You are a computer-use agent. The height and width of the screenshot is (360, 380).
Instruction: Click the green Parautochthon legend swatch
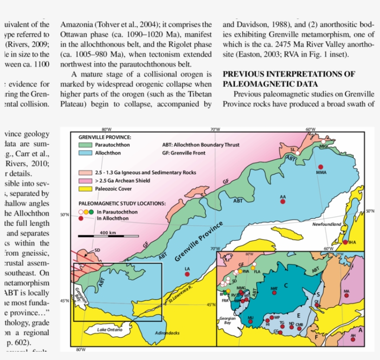(86, 145)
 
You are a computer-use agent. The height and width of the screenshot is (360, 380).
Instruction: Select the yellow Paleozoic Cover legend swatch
(86, 188)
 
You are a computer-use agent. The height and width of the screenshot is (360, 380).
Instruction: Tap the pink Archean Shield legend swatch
(86, 180)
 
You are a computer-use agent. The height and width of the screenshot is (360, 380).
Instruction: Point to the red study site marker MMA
(319, 167)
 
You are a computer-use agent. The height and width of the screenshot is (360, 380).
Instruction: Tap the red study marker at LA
(187, 274)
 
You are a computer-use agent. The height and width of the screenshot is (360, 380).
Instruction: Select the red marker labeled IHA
(345, 242)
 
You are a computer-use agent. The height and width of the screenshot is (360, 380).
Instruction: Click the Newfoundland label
(326, 224)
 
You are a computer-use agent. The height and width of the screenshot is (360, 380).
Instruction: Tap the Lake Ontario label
(110, 329)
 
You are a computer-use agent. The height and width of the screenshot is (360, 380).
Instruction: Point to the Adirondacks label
(167, 333)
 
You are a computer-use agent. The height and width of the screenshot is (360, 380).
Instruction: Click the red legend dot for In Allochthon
(81, 218)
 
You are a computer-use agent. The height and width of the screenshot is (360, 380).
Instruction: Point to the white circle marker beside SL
(298, 153)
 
